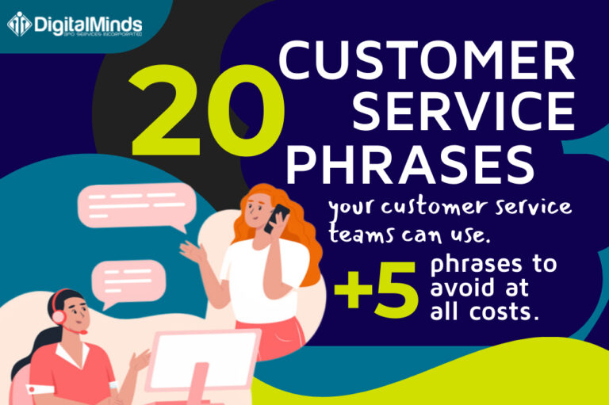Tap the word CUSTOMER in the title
coord(427,61)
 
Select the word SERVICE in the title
coord(463,112)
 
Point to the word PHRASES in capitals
coord(409,162)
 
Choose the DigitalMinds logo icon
coord(19,24)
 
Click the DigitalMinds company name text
coord(87,22)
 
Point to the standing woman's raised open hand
coord(190,252)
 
